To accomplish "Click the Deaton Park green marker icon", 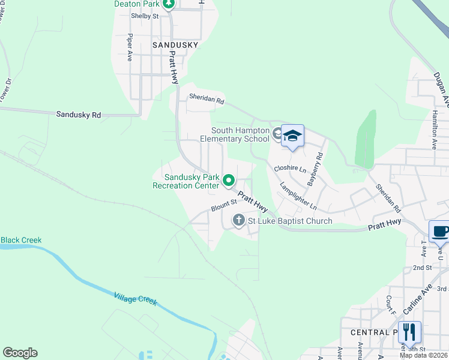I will click(x=169, y=4).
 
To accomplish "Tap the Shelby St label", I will click(x=145, y=16).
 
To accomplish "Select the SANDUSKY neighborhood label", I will click(x=175, y=45).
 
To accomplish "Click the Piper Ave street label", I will click(x=130, y=47).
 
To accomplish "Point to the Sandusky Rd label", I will click(x=79, y=114).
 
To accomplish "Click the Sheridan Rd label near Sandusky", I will click(x=206, y=99).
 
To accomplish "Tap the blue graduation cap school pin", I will click(x=292, y=136).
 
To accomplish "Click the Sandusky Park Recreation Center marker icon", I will click(x=229, y=179).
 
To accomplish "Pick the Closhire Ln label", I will click(x=289, y=169).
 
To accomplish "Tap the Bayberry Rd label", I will click(x=315, y=168).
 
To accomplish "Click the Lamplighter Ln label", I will click(x=298, y=196).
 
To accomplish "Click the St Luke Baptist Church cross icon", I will click(x=238, y=220).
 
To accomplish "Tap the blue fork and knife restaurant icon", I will click(x=409, y=331).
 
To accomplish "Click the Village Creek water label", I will click(x=135, y=298).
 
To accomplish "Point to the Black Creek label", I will click(x=21, y=240).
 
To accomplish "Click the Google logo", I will click(x=20, y=353).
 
